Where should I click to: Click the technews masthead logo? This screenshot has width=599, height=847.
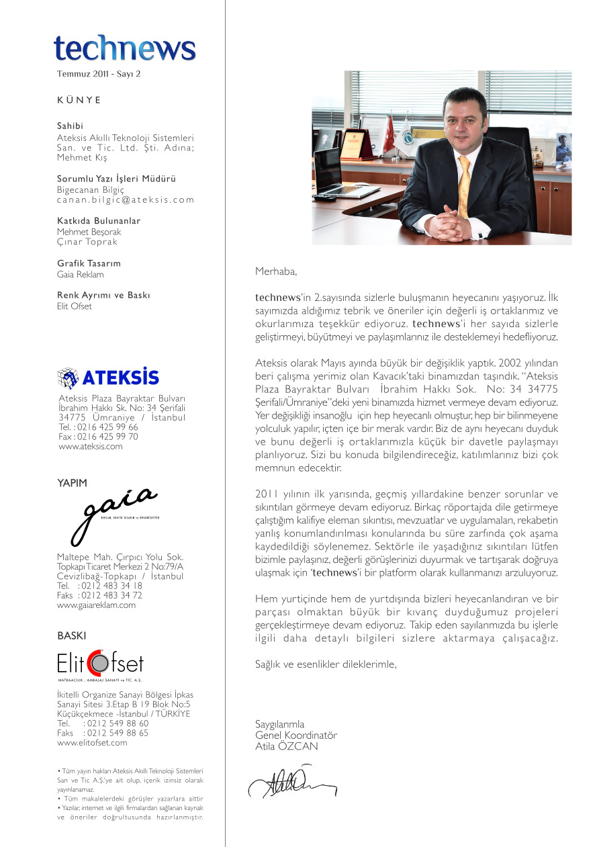[x=125, y=48]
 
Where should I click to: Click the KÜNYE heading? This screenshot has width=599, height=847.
[x=79, y=100]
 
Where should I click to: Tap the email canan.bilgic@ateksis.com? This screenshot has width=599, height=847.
[x=126, y=199]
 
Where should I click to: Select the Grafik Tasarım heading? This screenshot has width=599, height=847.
[x=89, y=263]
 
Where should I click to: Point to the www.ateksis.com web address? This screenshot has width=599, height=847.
[x=91, y=446]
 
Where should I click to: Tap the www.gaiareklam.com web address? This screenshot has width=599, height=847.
[x=97, y=605]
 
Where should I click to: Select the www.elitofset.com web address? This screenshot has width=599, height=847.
[x=92, y=743]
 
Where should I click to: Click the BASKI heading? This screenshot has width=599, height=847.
[x=72, y=635]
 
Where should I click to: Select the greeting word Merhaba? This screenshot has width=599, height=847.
[x=275, y=272]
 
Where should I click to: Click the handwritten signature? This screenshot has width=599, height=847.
[x=292, y=783]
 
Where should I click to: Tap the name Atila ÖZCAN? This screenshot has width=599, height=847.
[x=287, y=746]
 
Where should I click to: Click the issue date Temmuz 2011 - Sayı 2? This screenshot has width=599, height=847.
[x=99, y=74]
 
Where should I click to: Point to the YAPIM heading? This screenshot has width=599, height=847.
[x=72, y=482]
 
